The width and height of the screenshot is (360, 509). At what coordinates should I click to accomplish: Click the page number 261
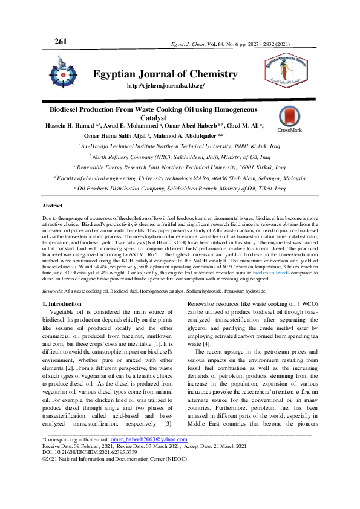click(x=61, y=42)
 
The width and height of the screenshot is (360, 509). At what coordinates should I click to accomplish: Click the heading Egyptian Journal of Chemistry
click(x=165, y=74)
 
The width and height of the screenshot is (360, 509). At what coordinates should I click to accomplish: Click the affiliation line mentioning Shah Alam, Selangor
click(x=179, y=178)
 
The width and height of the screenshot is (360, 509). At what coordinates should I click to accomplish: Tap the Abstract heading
click(x=52, y=206)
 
